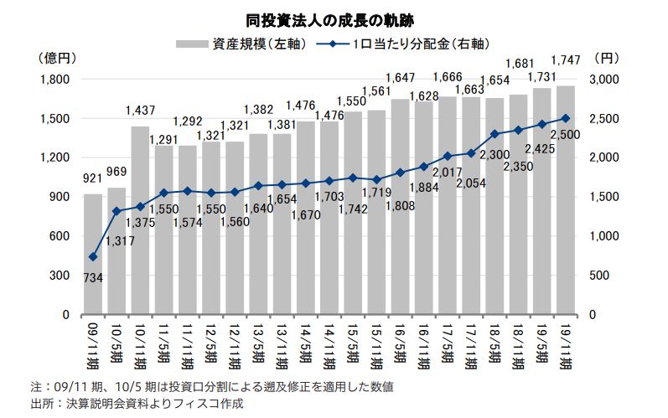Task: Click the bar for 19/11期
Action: [x=565, y=200]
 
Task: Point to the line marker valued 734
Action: [x=93, y=257]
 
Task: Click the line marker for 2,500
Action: [x=565, y=119]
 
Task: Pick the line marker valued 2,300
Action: [x=495, y=134]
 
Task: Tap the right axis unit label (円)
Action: [x=605, y=59]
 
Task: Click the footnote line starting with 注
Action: [x=209, y=387]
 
